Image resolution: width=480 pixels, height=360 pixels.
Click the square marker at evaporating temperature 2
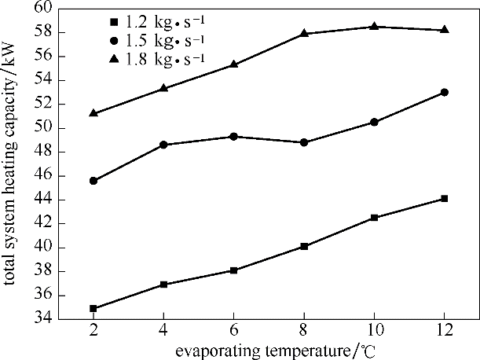pos(93,308)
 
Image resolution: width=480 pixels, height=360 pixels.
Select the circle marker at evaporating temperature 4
pos(163,145)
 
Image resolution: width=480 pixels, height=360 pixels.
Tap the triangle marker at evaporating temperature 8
pos(304,33)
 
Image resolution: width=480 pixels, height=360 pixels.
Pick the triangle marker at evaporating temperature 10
pos(374,26)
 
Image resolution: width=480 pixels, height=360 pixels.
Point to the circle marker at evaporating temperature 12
pos(445,92)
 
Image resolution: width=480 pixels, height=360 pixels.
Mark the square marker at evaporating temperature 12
pos(445,198)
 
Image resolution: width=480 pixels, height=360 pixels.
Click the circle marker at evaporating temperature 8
pos(304,142)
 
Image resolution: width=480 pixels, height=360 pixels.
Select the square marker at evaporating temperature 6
pos(233,270)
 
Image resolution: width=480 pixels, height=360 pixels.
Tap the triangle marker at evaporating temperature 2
pos(93,112)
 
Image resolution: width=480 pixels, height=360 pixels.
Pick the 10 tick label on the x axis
pos(374,332)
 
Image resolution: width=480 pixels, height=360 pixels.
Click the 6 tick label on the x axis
pos(233,332)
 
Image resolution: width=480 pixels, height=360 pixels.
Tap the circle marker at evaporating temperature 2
pos(93,181)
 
